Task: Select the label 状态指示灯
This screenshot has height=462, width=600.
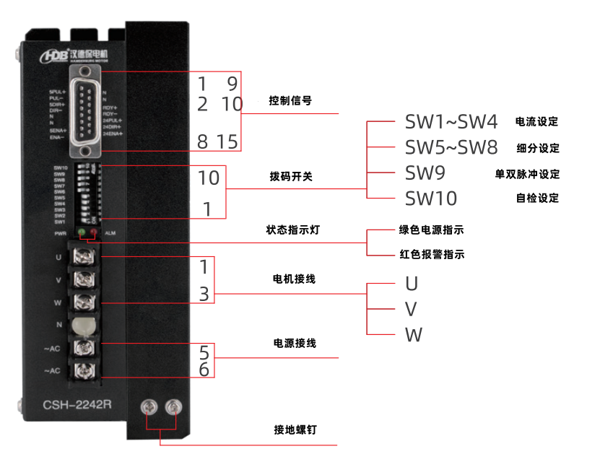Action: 292,230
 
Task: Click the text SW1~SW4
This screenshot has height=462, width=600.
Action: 451,121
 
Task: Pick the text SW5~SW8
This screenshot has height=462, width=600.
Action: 451,148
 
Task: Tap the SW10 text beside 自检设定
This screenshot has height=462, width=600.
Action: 430,198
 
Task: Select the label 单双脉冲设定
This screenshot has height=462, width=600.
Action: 526,174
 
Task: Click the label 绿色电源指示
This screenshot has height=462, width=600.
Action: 431,230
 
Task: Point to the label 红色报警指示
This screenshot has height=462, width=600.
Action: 431,255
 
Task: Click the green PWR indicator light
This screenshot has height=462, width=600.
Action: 82,232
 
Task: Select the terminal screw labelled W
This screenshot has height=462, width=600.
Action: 84,300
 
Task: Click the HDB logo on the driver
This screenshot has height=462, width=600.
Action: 55,54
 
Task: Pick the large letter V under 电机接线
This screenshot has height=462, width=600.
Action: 411,309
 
